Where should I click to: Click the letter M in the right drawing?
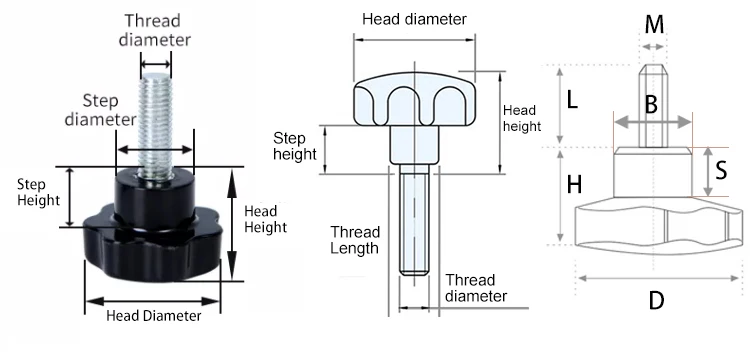[x=654, y=24]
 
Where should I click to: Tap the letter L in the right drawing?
[x=572, y=100]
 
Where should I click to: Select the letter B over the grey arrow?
[x=651, y=105]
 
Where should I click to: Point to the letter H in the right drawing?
[x=574, y=185]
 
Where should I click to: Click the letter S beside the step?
[x=721, y=170]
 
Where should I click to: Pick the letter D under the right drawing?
[x=656, y=301]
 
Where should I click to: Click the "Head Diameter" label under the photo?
[x=154, y=316]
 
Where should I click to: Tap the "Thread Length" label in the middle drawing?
[x=355, y=240]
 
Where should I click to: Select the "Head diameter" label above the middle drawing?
[x=414, y=19]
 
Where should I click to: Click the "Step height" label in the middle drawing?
[x=295, y=146]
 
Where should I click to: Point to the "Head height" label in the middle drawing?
[x=522, y=118]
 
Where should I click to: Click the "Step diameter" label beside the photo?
[x=100, y=110]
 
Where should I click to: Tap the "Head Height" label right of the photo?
[x=265, y=219]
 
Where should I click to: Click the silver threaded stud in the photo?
[x=155, y=125]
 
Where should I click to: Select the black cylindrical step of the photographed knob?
[x=154, y=196]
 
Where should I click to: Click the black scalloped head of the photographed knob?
[x=153, y=249]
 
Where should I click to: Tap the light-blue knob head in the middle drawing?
[x=415, y=99]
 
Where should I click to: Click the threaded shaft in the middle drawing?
[x=414, y=219]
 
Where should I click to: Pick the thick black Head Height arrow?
[x=232, y=224]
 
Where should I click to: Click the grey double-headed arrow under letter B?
[x=653, y=122]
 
